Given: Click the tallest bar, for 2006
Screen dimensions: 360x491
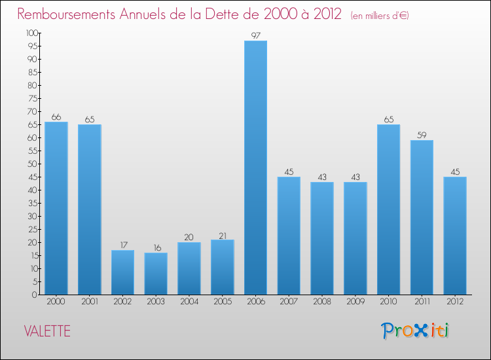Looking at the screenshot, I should [x=255, y=168].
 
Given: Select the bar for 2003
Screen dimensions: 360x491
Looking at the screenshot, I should [x=156, y=274].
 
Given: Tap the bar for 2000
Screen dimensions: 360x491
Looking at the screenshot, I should [x=56, y=208].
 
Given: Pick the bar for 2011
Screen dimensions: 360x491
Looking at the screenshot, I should [x=422, y=217].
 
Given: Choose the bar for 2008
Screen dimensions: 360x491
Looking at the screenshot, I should [x=322, y=238].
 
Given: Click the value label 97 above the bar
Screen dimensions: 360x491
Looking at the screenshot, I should [x=255, y=35].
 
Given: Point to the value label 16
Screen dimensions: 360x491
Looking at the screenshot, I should [x=156, y=247].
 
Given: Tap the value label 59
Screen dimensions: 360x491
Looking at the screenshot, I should [x=422, y=135].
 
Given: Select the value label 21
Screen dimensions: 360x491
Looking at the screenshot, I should [x=222, y=234].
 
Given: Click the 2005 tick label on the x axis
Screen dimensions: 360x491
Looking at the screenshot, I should [x=222, y=302].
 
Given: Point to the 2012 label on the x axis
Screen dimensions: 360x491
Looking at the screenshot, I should [x=455, y=302].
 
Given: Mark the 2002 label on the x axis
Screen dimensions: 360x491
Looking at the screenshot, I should [x=122, y=302].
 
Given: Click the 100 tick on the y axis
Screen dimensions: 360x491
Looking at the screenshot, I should [x=31, y=33].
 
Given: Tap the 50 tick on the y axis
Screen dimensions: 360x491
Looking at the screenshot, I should [x=33, y=164].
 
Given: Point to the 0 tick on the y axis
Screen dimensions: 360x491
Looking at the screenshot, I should [x=35, y=295].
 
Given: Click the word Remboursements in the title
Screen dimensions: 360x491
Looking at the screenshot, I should [x=69, y=14].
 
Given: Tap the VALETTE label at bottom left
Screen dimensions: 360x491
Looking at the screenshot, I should [x=46, y=331].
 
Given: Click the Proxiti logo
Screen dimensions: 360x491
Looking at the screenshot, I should [x=415, y=331].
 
